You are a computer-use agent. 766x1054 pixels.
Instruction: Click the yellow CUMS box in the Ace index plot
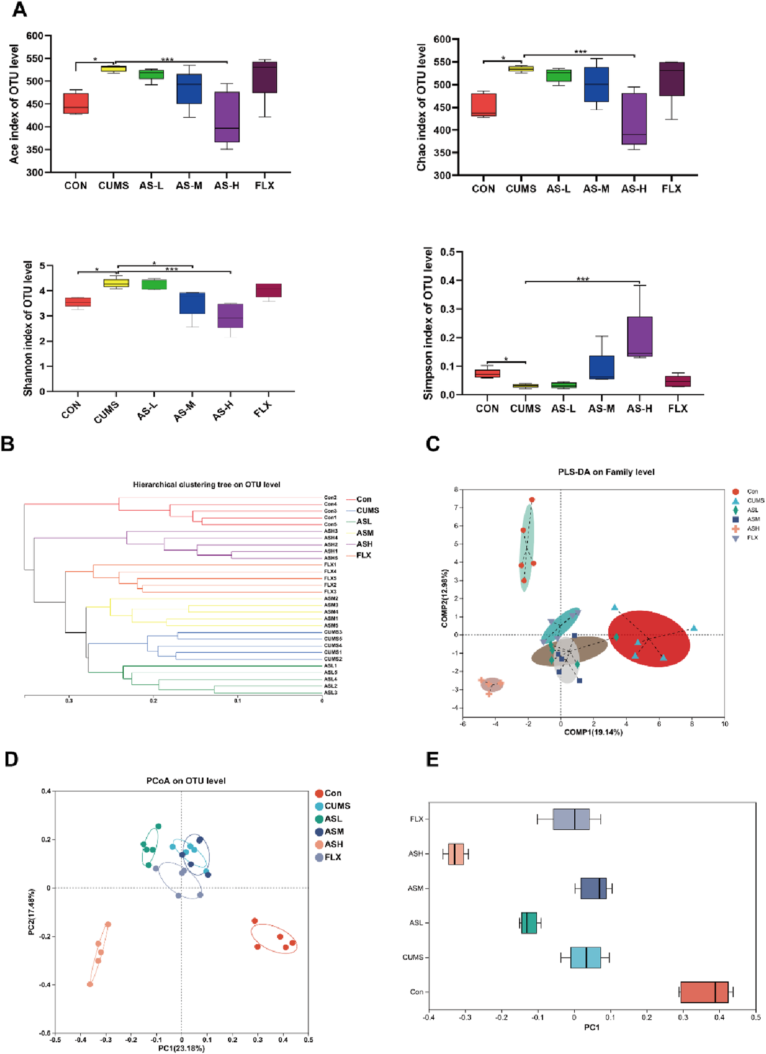pos(113,69)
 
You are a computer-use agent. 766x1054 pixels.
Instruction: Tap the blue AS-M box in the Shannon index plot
pos(193,303)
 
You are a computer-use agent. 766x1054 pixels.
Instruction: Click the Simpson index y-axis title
pos(428,323)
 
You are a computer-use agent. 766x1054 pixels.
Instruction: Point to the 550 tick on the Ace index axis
pos(34,59)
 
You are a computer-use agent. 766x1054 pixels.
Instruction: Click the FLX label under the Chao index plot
pos(671,189)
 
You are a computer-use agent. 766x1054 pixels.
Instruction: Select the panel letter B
pos(8,444)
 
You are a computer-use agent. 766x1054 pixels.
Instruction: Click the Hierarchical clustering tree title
pos(206,484)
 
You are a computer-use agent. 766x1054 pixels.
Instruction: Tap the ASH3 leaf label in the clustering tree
pos(331,531)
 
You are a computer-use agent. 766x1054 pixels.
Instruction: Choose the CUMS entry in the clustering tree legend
pos(367,510)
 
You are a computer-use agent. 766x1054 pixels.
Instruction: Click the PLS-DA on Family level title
pos(606,471)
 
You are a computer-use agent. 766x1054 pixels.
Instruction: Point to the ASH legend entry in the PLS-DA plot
pos(752,528)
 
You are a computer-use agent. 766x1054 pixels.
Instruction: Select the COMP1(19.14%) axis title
pos(593,732)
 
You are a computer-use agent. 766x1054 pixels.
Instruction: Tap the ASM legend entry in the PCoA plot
pos(334,831)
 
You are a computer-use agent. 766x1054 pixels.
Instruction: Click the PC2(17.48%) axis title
pos(31,912)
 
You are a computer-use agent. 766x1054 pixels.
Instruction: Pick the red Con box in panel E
pos(704,992)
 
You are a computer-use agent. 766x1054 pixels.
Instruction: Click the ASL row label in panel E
pos(416,923)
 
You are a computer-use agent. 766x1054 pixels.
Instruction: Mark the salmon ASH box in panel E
pos(456,854)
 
